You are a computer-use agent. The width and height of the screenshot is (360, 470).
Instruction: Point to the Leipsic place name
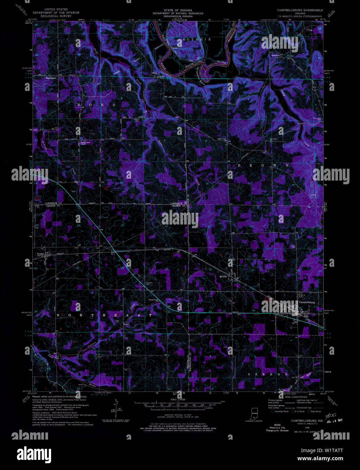click(x=41, y=254)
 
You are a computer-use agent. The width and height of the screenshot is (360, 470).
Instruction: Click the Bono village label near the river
click(x=155, y=73)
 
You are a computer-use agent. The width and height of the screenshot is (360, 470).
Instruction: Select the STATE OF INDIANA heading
click(x=178, y=10)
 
